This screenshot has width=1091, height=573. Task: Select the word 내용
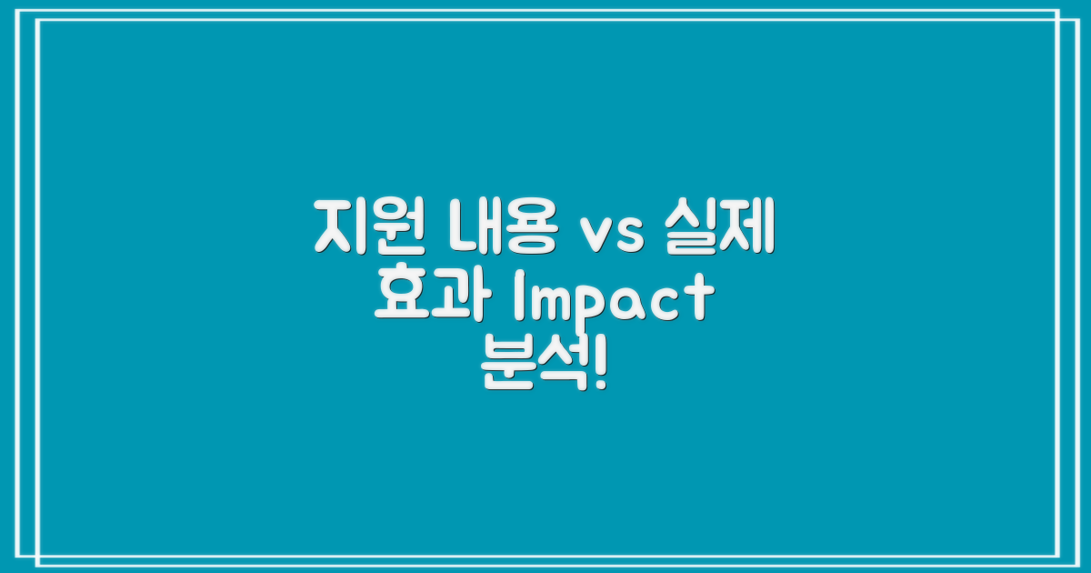(x=503, y=229)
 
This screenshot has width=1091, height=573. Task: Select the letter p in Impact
(x=596, y=307)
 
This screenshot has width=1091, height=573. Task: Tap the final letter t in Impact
(x=698, y=300)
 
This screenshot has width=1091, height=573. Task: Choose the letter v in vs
(x=596, y=235)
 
